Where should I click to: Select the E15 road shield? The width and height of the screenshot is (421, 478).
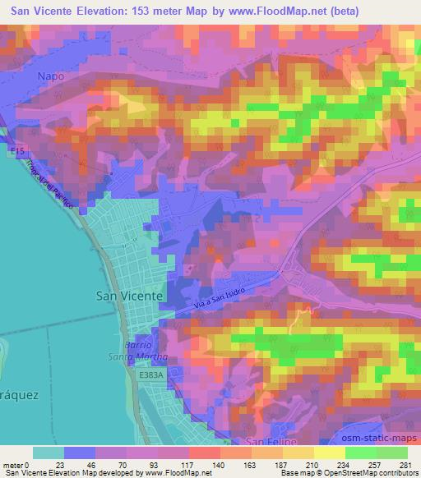18,152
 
